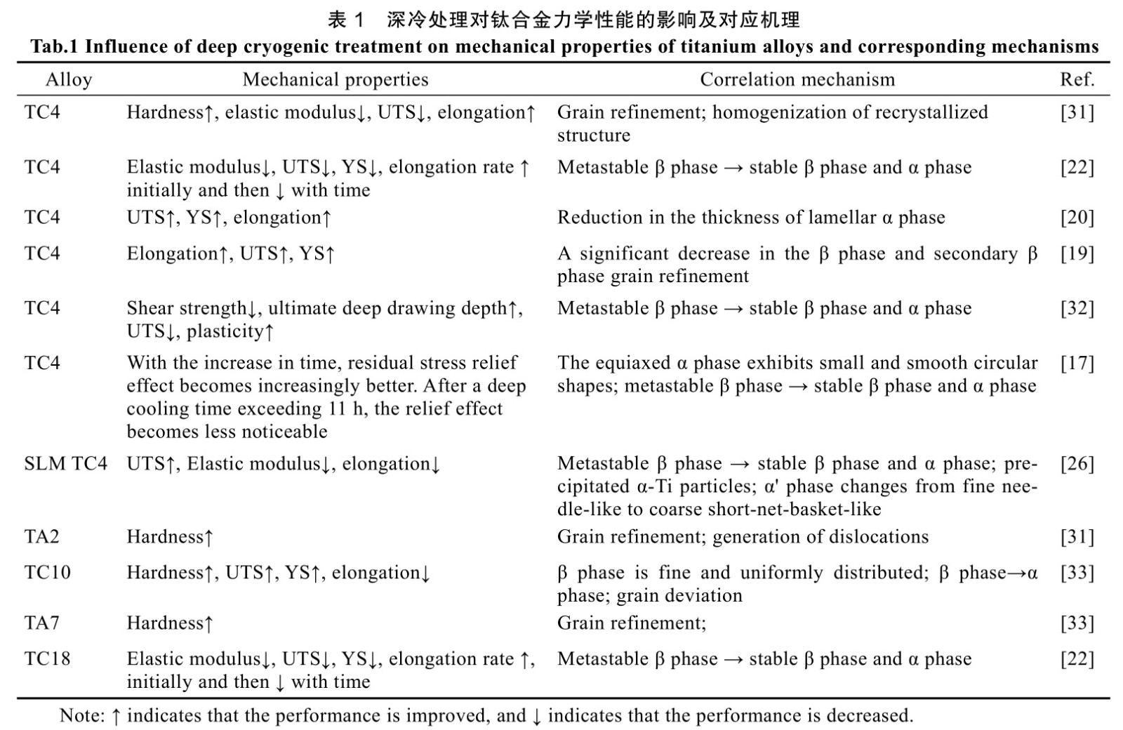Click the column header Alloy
pyautogui.click(x=68, y=79)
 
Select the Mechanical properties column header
pyautogui.click(x=335, y=79)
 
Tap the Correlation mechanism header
pyautogui.click(x=797, y=79)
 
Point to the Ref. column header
pyautogui.click(x=1077, y=79)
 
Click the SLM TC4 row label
pyautogui.click(x=65, y=464)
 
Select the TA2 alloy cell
pyautogui.click(x=42, y=537)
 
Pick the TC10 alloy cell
pyautogui.click(x=47, y=573)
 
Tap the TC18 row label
pyautogui.click(x=47, y=659)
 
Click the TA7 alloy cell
pyautogui.click(x=42, y=623)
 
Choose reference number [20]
pyautogui.click(x=1077, y=218)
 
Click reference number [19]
pyautogui.click(x=1077, y=253)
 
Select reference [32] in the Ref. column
pyautogui.click(x=1077, y=308)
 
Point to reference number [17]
pyautogui.click(x=1077, y=363)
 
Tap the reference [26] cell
pyautogui.click(x=1077, y=464)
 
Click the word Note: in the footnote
pyautogui.click(x=81, y=716)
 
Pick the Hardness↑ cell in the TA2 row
pyautogui.click(x=170, y=537)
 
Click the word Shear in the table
pyautogui.click(x=149, y=308)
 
